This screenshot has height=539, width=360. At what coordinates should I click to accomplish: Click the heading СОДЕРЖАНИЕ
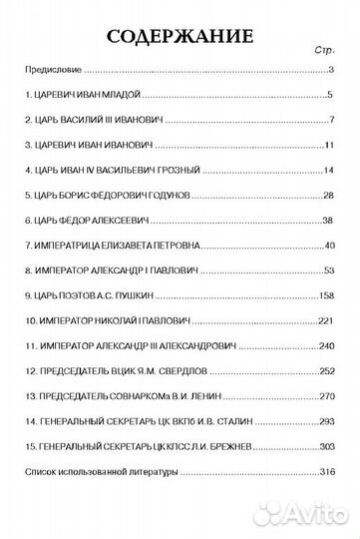point(180,38)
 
